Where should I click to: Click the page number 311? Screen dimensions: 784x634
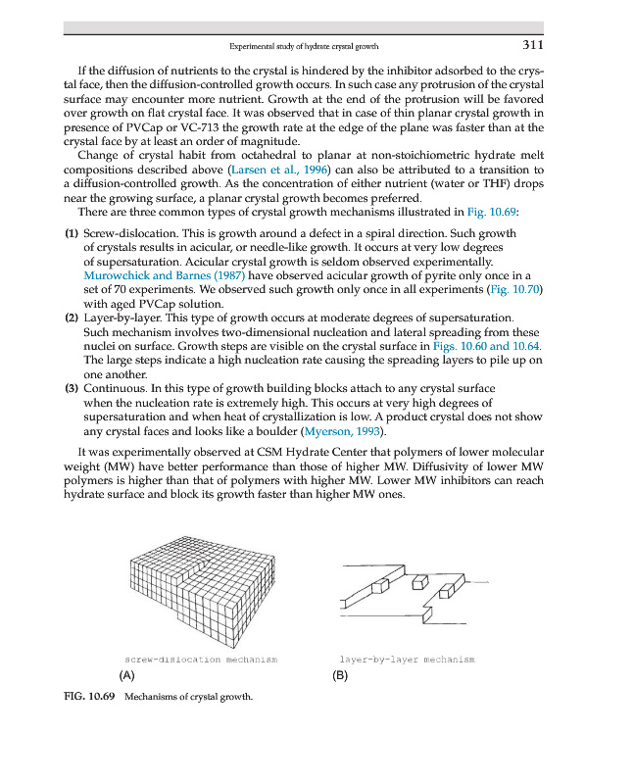[533, 45]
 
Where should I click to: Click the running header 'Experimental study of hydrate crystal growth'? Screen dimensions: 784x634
[304, 46]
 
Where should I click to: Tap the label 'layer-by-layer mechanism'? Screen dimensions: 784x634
[407, 660]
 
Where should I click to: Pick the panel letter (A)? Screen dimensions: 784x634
[125, 676]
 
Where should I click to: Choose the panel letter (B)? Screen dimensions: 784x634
[341, 676]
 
